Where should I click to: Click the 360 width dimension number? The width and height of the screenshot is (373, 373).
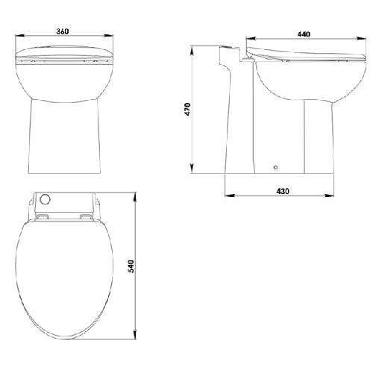63,33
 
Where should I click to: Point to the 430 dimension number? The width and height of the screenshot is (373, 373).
283,192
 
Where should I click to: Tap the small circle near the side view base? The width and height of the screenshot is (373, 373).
275,168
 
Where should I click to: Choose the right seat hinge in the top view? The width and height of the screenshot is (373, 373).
86,217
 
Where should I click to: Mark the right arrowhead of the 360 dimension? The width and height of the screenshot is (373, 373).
110,39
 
